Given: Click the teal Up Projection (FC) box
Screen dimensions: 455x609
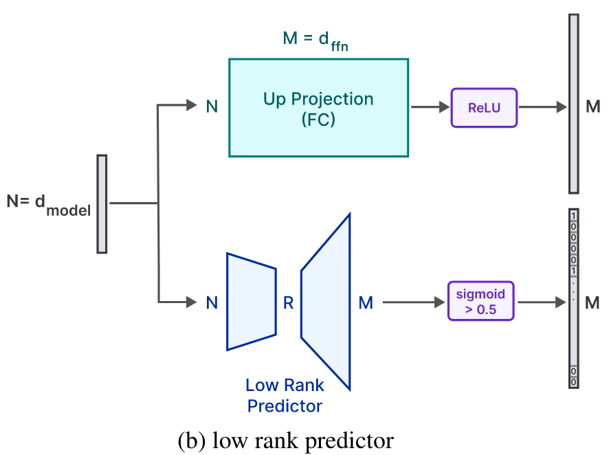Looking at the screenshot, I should tap(318, 107).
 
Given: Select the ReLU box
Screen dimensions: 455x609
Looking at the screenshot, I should tap(483, 107).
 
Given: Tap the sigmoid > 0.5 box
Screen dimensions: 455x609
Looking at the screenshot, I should tap(481, 301).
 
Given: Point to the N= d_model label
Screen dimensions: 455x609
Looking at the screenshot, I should tap(48, 205).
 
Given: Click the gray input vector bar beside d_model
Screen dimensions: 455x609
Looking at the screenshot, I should tap(102, 203).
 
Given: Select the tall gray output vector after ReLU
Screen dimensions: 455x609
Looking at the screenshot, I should tap(573, 103).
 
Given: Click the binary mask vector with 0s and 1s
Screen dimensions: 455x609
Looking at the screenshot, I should tap(573, 298).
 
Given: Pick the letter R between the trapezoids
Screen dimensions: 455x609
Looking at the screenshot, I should tap(289, 302).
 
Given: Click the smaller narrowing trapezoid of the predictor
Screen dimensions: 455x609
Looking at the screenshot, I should tap(252, 301).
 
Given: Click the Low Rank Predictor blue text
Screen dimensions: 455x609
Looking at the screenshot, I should tap(285, 396).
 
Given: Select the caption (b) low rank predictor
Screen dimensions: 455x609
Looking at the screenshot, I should tap(285, 439).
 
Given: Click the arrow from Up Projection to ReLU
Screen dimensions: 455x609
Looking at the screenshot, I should tap(429, 107).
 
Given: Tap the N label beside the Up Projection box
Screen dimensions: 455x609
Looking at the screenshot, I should tap(212, 107).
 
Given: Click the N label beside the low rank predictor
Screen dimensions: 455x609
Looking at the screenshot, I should tap(212, 302).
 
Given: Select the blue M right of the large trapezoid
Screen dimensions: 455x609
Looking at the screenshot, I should tap(366, 302).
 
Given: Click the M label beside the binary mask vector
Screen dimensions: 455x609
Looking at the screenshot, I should tap(593, 302).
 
